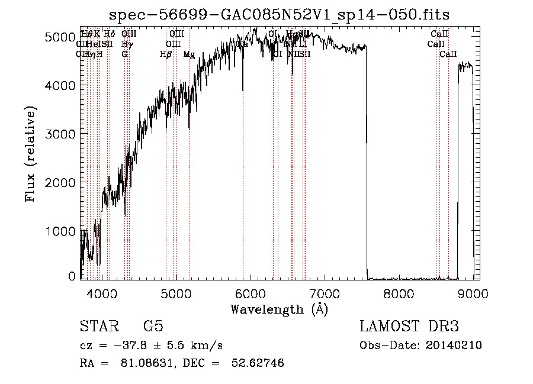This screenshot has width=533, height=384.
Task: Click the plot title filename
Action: (x=284, y=14)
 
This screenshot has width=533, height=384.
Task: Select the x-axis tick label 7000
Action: (x=324, y=293)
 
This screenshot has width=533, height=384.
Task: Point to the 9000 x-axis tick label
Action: (x=473, y=293)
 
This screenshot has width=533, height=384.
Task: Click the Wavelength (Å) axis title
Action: (x=279, y=309)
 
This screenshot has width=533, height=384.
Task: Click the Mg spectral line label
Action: (x=189, y=54)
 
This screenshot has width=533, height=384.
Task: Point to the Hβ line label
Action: (x=166, y=54)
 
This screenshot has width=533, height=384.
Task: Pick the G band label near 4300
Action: (x=124, y=54)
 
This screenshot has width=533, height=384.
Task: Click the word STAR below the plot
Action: (x=98, y=326)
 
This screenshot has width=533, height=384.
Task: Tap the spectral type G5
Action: (x=153, y=326)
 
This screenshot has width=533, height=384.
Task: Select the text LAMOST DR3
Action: (x=409, y=326)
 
